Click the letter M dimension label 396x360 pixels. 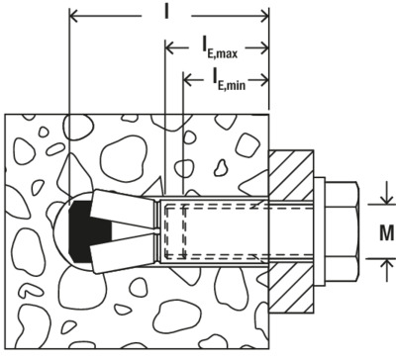click(x=386, y=232)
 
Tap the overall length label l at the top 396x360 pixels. click(x=166, y=12)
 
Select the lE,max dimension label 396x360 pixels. click(x=220, y=49)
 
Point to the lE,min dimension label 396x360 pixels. click(x=229, y=80)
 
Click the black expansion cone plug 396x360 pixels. click(x=86, y=231)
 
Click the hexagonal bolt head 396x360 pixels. click(x=343, y=231)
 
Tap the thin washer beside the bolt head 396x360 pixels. click(x=320, y=231)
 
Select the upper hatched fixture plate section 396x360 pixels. click(x=291, y=175)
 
